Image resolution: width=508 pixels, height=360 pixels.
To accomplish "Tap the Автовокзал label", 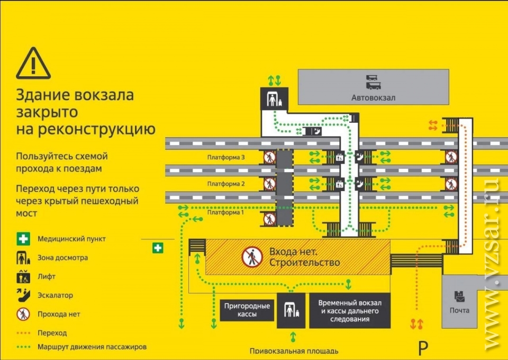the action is (373, 97).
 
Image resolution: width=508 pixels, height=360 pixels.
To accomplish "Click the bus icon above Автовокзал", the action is (373, 83).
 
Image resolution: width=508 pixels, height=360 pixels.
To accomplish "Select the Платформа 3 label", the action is (226, 158).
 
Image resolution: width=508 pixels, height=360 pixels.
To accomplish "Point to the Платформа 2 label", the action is (226, 184).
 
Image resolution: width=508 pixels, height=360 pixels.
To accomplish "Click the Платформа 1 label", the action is (225, 213).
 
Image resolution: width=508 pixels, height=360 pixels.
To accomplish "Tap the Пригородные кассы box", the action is (247, 310).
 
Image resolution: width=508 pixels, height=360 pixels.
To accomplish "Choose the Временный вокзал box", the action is (350, 311).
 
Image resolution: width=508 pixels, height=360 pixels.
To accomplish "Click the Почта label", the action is (459, 310).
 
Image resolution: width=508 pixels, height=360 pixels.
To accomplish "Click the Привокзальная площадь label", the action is (294, 351).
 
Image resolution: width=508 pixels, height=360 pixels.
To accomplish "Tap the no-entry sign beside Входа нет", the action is (252, 257).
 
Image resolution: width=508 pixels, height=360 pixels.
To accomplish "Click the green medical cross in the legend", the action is (23, 239).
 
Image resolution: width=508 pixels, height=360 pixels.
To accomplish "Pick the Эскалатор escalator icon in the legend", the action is (23, 295).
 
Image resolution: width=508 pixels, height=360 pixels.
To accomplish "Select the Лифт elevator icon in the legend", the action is (23, 276).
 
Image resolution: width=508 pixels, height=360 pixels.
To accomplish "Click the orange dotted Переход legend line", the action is (23, 333).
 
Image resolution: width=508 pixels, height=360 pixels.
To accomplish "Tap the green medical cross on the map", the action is (158, 248).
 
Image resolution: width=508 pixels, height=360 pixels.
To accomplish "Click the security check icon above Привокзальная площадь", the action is (291, 310).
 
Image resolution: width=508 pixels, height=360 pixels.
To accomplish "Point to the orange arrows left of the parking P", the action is (416, 324).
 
